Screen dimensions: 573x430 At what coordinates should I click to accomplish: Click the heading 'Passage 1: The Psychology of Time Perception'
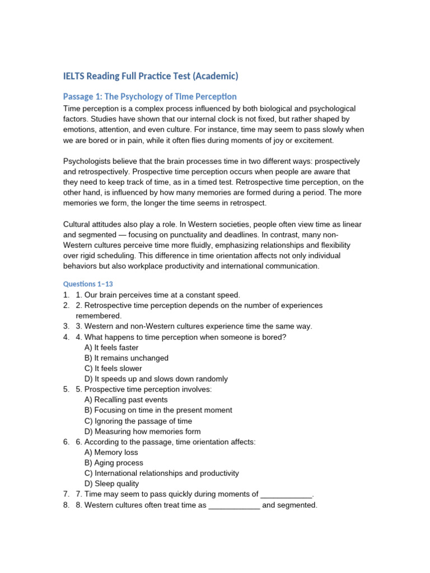[150, 96]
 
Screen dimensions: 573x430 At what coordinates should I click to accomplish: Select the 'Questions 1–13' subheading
[88, 284]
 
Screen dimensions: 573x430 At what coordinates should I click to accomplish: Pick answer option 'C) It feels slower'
[113, 368]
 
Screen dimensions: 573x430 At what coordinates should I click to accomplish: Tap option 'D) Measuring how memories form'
[142, 431]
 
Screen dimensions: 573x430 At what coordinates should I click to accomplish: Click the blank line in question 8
[234, 506]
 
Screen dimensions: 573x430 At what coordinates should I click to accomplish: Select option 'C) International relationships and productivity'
[162, 473]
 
